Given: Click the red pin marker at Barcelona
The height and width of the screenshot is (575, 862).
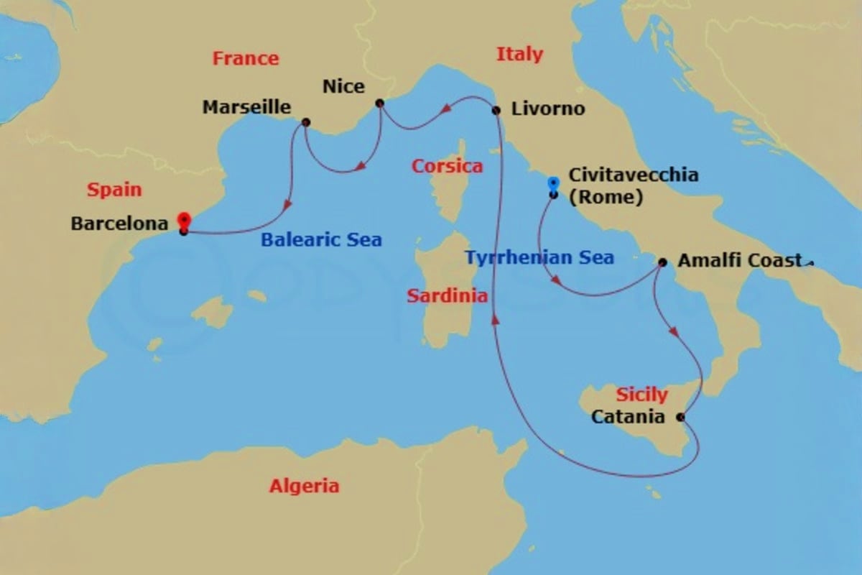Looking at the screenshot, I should pyautogui.click(x=184, y=221).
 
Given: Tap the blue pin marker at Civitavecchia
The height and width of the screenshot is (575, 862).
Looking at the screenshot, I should pyautogui.click(x=553, y=185).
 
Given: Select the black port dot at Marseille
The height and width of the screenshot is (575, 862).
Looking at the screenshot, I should pyautogui.click(x=306, y=122).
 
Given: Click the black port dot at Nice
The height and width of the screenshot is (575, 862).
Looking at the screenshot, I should pyautogui.click(x=380, y=103).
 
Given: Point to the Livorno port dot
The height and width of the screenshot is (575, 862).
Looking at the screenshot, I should pyautogui.click(x=496, y=110).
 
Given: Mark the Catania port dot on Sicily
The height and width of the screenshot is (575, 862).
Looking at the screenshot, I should pyautogui.click(x=680, y=416).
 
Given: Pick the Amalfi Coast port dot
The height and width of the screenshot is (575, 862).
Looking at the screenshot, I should pyautogui.click(x=662, y=262).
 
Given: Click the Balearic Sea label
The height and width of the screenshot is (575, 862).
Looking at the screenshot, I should pyautogui.click(x=321, y=240).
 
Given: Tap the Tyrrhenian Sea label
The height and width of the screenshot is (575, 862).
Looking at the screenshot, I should pyautogui.click(x=539, y=257).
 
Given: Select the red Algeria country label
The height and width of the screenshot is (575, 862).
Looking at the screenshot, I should pyautogui.click(x=304, y=487).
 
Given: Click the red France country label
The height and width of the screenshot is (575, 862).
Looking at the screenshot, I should pyautogui.click(x=246, y=58).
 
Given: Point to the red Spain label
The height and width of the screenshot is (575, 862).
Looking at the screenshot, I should pyautogui.click(x=114, y=190).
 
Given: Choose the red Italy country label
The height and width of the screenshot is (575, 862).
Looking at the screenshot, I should pyautogui.click(x=519, y=54).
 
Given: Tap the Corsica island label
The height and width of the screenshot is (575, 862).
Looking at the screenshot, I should pyautogui.click(x=447, y=167).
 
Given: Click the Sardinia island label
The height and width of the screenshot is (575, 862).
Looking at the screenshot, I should pyautogui.click(x=447, y=295).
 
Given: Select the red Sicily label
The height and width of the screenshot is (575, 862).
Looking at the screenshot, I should pyautogui.click(x=641, y=395).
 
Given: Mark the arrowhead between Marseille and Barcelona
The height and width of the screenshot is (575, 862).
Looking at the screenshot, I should pyautogui.click(x=288, y=205).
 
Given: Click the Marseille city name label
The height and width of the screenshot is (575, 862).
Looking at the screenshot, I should pyautogui.click(x=246, y=108).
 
